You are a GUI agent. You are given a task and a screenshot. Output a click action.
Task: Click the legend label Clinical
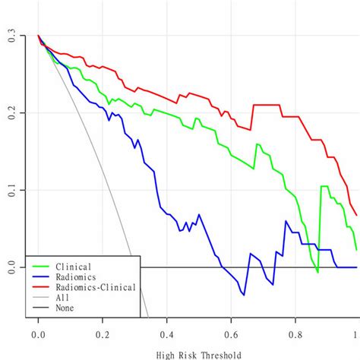click(74, 267)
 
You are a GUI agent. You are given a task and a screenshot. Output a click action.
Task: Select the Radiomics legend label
click(77, 276)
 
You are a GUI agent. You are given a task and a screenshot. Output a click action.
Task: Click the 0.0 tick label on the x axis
click(38, 333)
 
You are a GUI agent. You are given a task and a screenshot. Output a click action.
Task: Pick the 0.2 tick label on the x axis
click(102, 333)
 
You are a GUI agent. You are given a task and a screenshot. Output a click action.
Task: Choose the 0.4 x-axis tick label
click(166, 333)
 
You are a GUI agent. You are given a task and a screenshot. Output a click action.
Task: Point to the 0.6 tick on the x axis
click(229, 333)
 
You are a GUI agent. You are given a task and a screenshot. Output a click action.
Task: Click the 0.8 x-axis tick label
click(293, 333)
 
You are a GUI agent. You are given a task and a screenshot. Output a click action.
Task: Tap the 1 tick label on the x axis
click(355, 333)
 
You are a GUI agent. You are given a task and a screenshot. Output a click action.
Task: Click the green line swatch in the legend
click(39, 267)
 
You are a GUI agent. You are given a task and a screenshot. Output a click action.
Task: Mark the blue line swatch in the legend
click(39, 276)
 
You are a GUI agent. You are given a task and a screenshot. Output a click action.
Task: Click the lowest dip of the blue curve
click(244, 295)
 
